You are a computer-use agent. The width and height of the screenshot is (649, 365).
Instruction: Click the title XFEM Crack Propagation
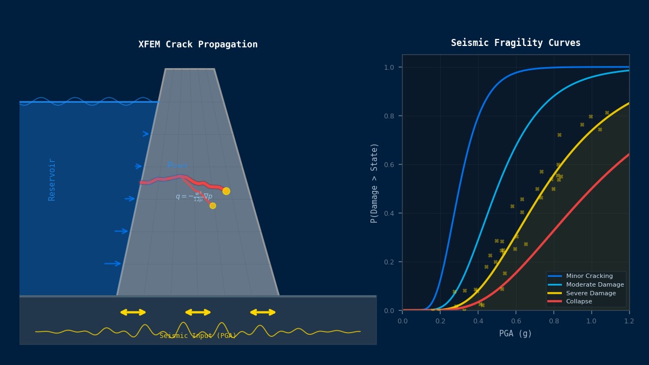198,44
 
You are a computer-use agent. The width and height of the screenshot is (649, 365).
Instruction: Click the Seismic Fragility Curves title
515,43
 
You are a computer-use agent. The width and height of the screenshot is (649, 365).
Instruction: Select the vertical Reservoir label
52,180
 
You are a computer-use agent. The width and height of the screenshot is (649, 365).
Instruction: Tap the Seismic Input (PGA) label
198,336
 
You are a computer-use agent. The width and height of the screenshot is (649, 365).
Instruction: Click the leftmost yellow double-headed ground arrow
133,312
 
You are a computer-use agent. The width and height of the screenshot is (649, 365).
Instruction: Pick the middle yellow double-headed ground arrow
198,312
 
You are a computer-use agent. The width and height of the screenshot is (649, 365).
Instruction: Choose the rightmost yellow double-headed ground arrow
263,312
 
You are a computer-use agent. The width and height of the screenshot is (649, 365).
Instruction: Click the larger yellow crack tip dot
226,191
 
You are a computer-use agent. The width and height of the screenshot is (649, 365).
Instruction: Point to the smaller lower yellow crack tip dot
213,205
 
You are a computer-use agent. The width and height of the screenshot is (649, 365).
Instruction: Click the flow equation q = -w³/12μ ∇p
194,197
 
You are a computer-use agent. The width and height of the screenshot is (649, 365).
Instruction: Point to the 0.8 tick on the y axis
389,116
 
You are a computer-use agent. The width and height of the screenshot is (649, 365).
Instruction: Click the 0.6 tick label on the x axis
516,321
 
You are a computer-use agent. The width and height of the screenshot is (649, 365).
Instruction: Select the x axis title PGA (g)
515,334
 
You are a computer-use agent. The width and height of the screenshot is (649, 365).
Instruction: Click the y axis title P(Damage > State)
374,183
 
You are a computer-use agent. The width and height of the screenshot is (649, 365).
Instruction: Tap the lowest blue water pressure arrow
112,263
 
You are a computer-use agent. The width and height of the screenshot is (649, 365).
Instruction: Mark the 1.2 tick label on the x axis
629,321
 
